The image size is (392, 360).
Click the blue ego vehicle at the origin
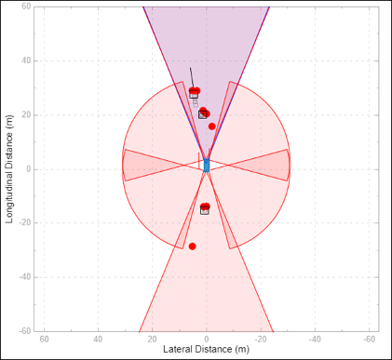(207, 166)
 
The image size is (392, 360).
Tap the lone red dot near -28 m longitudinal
(193, 247)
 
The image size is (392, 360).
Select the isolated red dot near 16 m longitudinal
(212, 127)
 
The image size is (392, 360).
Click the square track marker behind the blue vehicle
(205, 211)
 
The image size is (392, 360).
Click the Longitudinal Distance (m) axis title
(9, 168)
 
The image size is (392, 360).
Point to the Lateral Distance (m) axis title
(206, 350)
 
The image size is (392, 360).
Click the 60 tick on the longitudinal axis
(26, 7)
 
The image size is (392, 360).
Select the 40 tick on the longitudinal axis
(26, 61)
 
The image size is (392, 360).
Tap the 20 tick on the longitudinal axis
(26, 115)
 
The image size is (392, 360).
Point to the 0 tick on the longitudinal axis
(28, 169)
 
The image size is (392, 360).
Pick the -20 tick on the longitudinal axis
(25, 223)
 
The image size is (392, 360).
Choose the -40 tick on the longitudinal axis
(25, 277)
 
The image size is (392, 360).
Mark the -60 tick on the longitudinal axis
(25, 330)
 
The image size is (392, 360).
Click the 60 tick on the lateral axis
(44, 339)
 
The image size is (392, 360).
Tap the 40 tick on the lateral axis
(98, 339)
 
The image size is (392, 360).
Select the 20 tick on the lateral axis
(152, 339)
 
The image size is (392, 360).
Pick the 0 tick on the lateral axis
(207, 339)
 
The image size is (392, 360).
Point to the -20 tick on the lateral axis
(260, 339)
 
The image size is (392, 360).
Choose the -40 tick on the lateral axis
(314, 339)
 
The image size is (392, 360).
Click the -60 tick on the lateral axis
(368, 339)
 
